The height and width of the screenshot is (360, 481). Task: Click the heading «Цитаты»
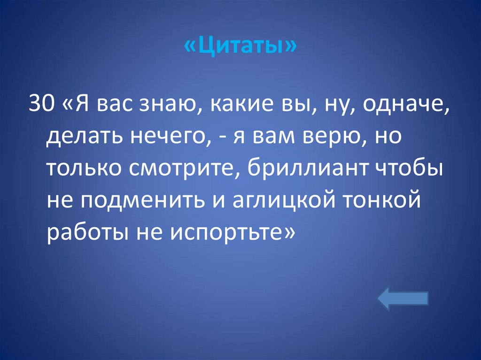240,47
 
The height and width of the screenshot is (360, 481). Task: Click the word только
82,168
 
